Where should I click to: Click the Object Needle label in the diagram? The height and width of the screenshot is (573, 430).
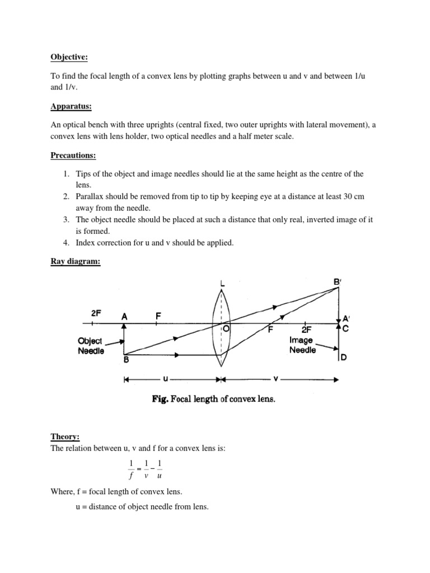91,345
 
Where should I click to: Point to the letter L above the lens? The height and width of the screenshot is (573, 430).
223,285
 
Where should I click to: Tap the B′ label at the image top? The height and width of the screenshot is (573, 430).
338,283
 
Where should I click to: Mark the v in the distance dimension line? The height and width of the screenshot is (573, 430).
276,379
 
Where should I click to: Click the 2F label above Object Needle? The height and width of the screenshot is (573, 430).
96,313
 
